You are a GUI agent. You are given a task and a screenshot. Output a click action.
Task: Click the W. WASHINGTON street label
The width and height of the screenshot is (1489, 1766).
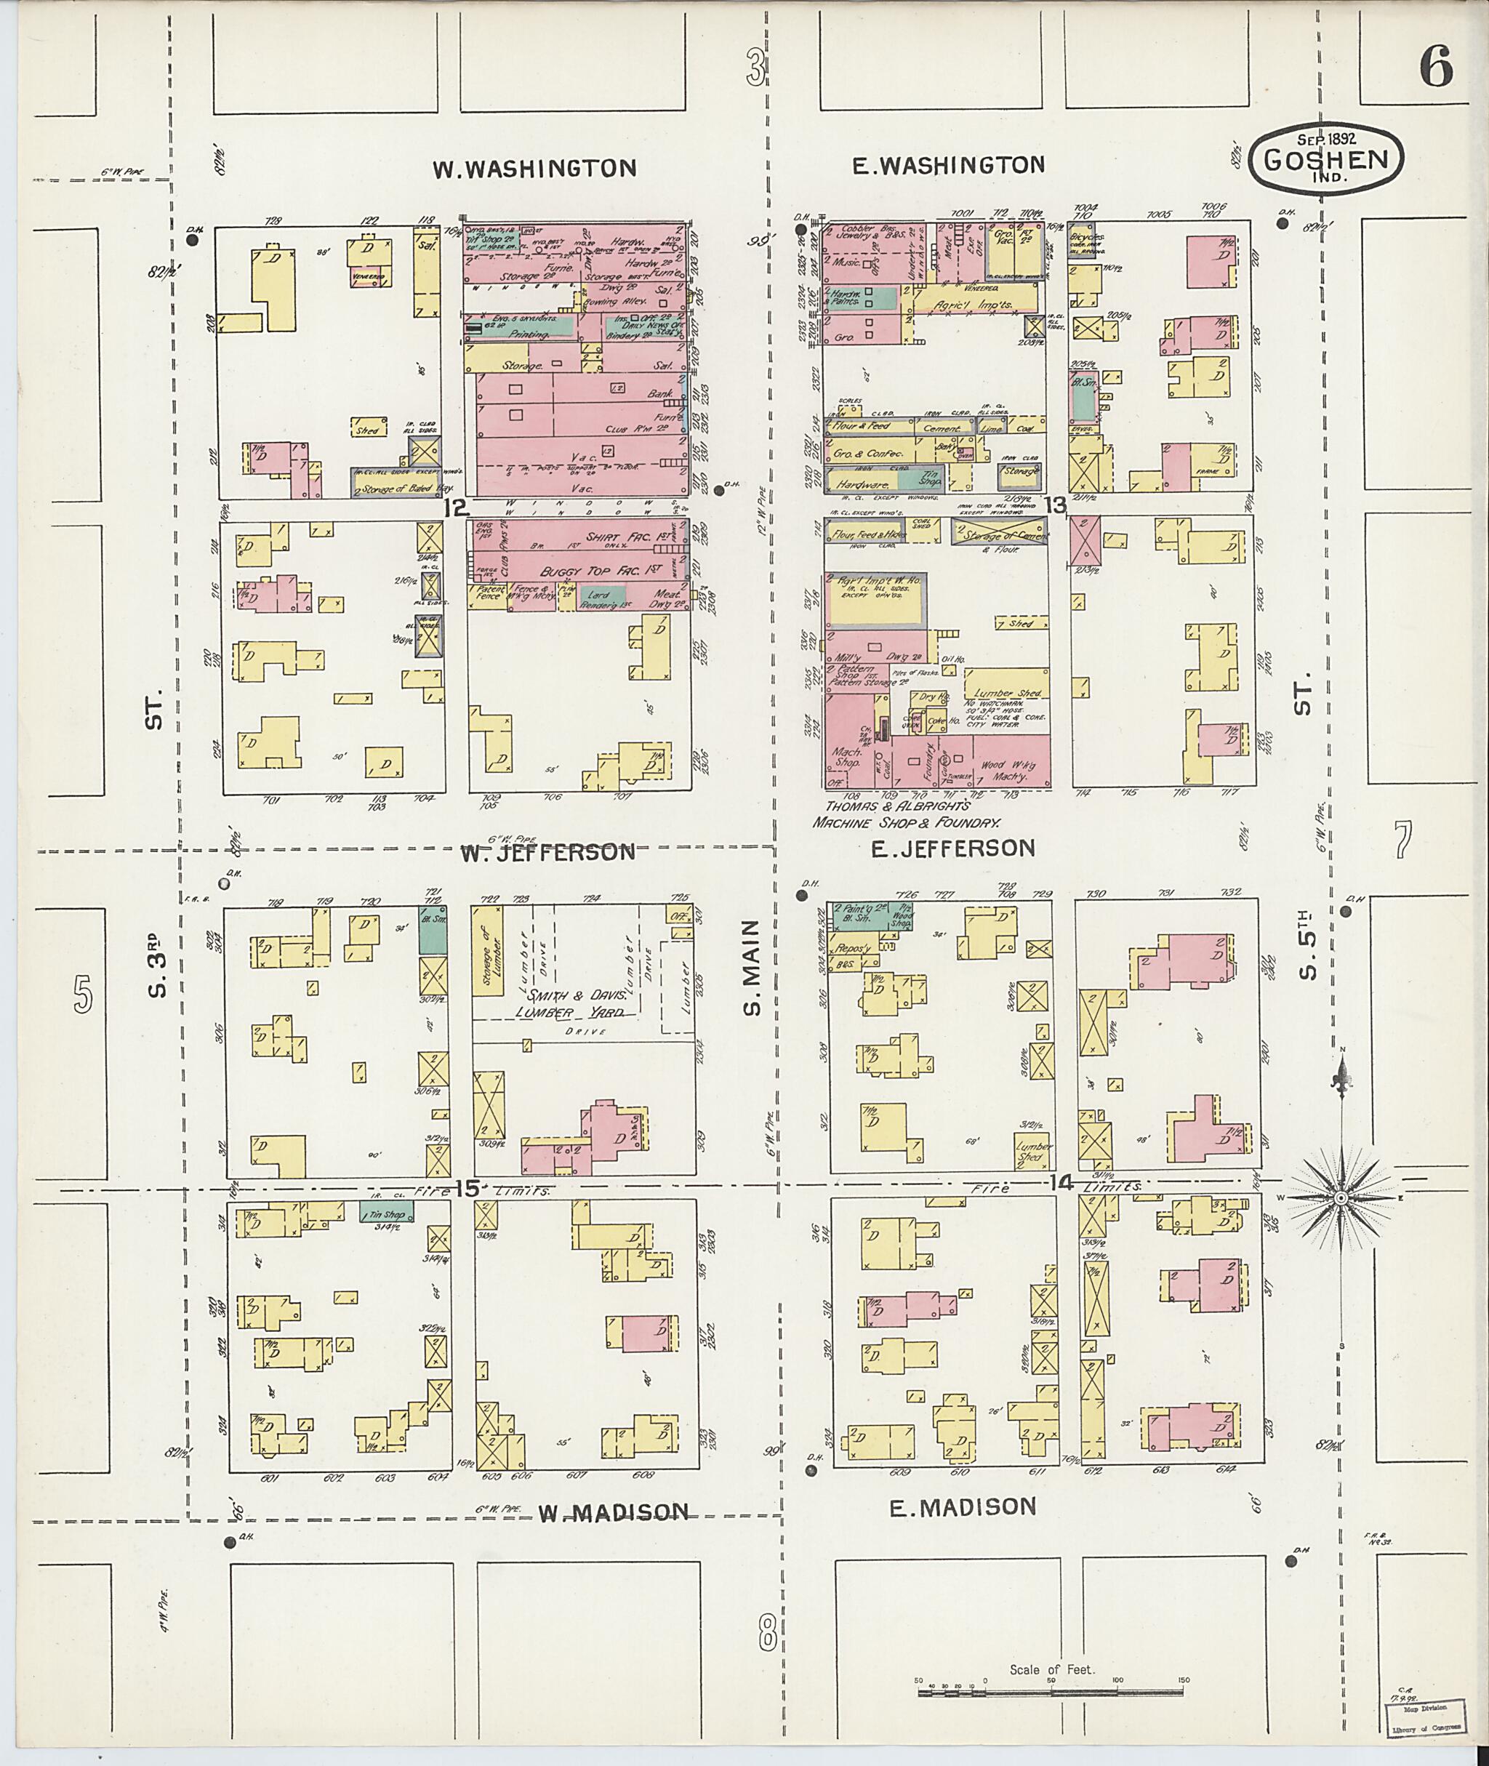pyautogui.click(x=534, y=169)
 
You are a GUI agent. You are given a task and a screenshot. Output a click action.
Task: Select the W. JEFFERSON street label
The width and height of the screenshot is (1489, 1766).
pyautogui.click(x=549, y=852)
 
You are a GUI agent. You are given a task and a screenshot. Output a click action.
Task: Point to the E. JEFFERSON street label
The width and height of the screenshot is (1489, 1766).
pyautogui.click(x=953, y=848)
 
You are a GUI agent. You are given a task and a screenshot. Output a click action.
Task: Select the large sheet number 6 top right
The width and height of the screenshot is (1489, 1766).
pyautogui.click(x=1436, y=67)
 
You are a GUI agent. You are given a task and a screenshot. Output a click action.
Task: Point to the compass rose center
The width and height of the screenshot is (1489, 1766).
pyautogui.click(x=1341, y=1199)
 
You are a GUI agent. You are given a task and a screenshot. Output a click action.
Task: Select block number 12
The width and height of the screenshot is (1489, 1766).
pyautogui.click(x=457, y=507)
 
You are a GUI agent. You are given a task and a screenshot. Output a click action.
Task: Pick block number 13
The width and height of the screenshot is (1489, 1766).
pyautogui.click(x=1055, y=505)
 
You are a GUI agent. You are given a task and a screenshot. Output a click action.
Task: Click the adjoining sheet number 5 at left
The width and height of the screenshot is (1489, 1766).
pyautogui.click(x=82, y=994)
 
